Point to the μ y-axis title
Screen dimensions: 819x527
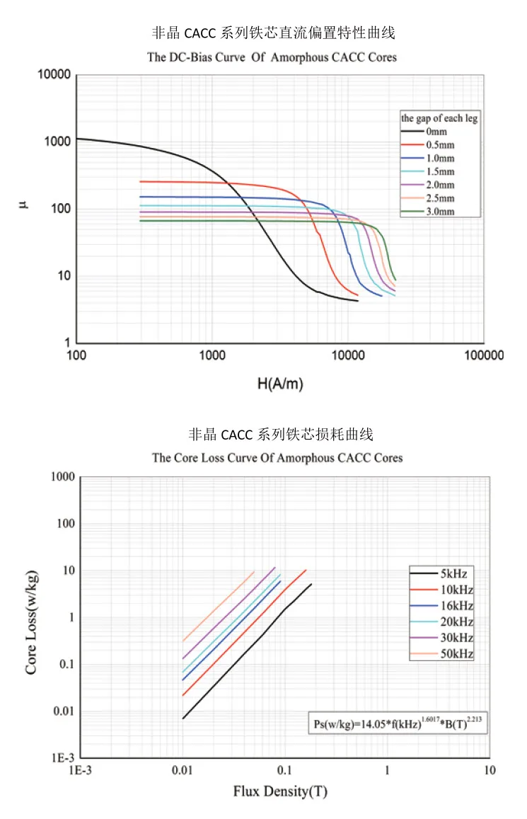click(23, 207)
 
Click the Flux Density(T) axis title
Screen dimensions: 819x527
click(280, 791)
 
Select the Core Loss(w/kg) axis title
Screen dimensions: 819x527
click(32, 615)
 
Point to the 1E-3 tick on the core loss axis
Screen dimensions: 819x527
click(61, 757)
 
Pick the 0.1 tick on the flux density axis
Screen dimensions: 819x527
click(285, 770)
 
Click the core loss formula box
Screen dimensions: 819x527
click(400, 723)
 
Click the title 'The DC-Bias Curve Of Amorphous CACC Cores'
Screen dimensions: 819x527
click(272, 57)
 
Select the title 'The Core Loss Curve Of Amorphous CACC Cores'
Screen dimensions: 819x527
click(277, 458)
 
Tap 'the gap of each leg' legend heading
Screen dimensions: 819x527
click(439, 118)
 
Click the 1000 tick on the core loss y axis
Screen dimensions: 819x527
click(62, 477)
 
